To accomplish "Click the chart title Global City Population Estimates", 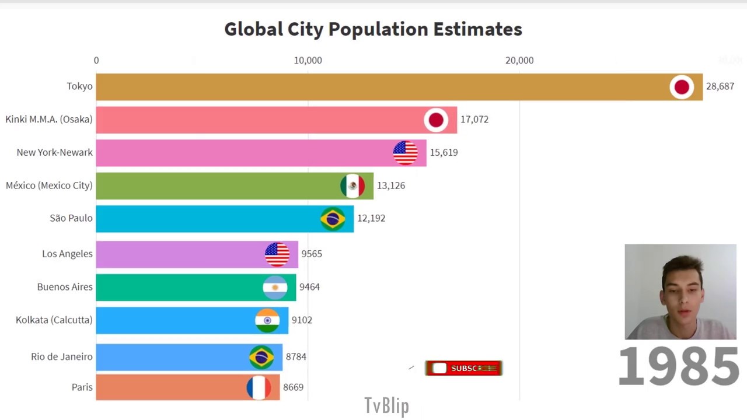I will click(x=373, y=29).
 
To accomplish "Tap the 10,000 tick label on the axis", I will click(x=308, y=61).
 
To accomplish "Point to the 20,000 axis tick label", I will click(x=519, y=61).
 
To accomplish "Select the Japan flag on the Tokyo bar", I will click(x=681, y=87).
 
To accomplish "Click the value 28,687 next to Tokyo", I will click(x=720, y=86).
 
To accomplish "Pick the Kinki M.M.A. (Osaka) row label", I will click(x=49, y=120).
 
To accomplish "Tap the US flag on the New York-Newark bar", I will click(x=405, y=153).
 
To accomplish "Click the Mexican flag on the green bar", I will click(x=352, y=185).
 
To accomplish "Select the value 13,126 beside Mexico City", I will click(x=390, y=185).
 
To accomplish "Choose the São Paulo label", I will click(x=71, y=218).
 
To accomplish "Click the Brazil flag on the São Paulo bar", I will click(x=333, y=219).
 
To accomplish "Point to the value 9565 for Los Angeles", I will click(x=312, y=254).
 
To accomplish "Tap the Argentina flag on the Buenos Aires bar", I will click(x=275, y=287).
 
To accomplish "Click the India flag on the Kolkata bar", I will click(x=267, y=320).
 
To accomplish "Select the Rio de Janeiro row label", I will click(x=62, y=357).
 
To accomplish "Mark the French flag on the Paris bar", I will click(x=259, y=387).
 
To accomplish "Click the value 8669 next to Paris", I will click(x=293, y=387).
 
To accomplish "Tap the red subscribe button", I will click(x=463, y=368).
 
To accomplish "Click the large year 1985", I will click(x=678, y=366).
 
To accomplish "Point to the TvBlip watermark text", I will click(x=386, y=405).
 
